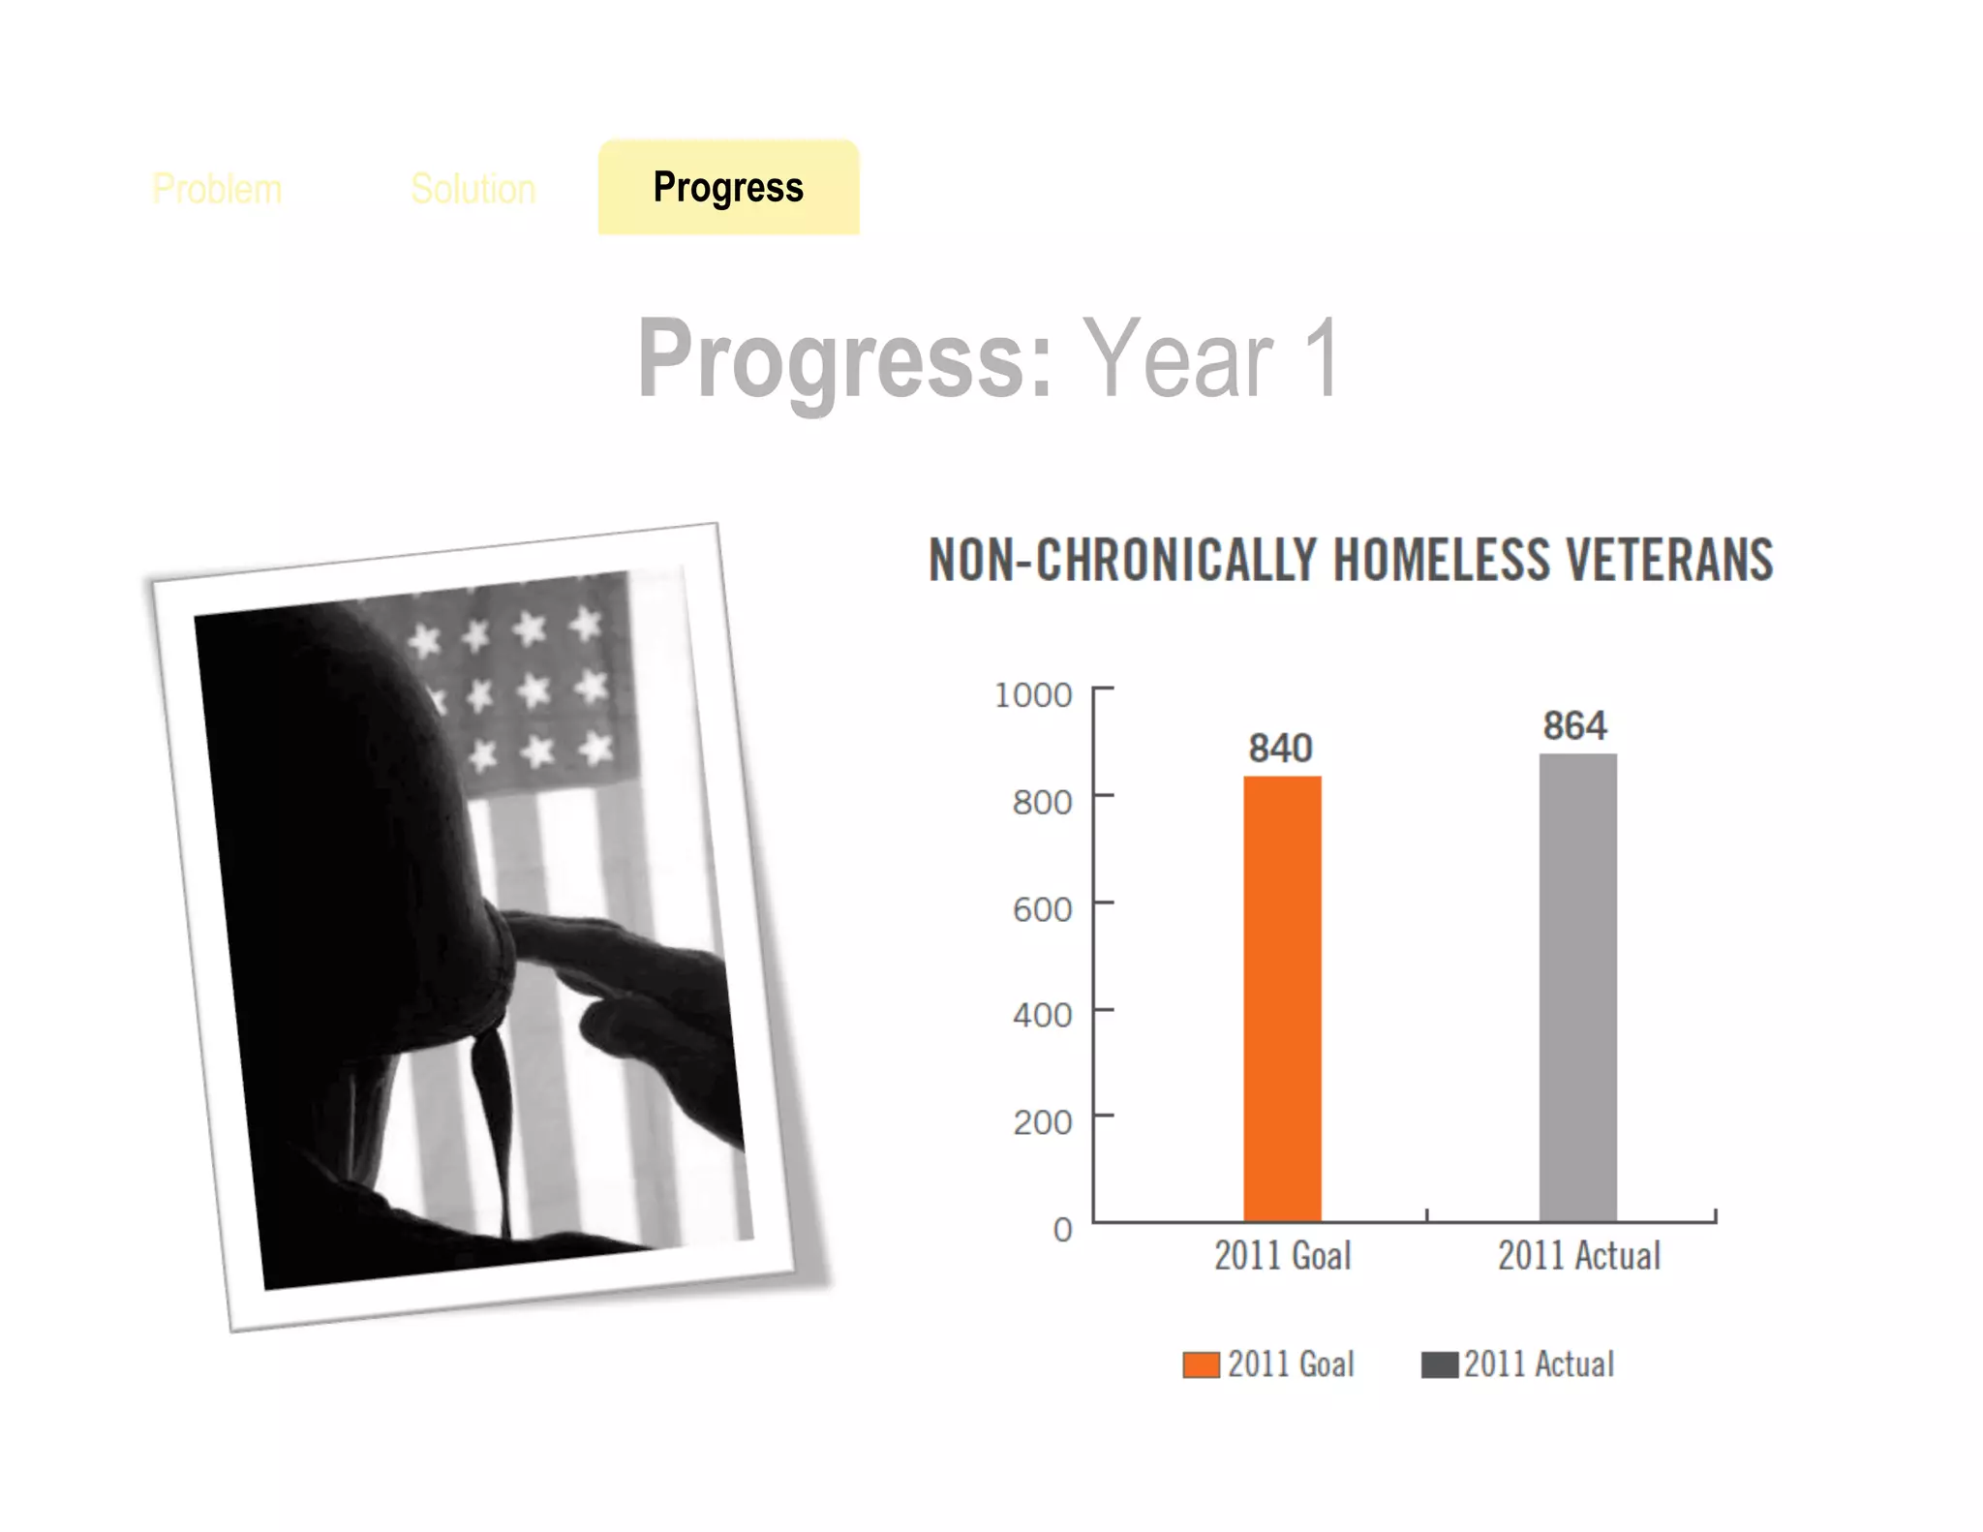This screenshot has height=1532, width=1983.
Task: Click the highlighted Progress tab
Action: [728, 187]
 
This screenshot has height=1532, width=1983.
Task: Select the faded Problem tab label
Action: [217, 189]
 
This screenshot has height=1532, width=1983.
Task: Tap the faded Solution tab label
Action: [473, 189]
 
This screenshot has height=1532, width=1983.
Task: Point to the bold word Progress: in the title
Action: [844, 360]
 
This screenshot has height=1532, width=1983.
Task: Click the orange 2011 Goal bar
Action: [1282, 997]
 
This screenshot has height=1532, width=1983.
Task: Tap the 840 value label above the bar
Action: [1280, 748]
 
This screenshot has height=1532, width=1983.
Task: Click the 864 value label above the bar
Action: [1574, 725]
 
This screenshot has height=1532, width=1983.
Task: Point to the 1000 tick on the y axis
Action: [1033, 694]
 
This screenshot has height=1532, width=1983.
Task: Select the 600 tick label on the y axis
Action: [1042, 909]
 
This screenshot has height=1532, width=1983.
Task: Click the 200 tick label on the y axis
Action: [1042, 1122]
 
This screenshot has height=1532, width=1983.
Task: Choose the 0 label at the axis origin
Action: [1062, 1230]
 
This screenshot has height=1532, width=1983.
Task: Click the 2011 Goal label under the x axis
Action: [1282, 1256]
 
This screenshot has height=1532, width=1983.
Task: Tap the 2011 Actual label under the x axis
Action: [1578, 1256]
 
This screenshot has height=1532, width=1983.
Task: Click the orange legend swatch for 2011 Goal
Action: [1201, 1364]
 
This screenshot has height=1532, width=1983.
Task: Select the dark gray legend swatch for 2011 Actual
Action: [1439, 1364]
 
